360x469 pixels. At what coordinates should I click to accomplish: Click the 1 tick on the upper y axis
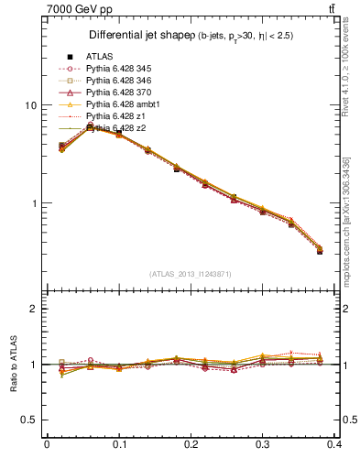pyautogui.click(x=33, y=203)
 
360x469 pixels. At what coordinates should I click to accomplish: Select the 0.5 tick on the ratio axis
pyautogui.click(x=28, y=420)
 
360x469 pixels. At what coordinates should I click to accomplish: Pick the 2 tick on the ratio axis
pyautogui.click(x=33, y=309)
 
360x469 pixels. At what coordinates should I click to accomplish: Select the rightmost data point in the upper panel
pyautogui.click(x=319, y=250)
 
